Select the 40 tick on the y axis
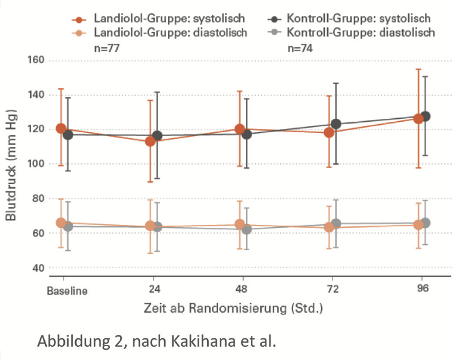40,268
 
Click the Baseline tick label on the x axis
68,292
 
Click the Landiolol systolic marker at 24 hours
149,142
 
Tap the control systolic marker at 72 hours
336,124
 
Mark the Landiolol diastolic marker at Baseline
61,223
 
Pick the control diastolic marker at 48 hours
247,229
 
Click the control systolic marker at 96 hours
426,116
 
